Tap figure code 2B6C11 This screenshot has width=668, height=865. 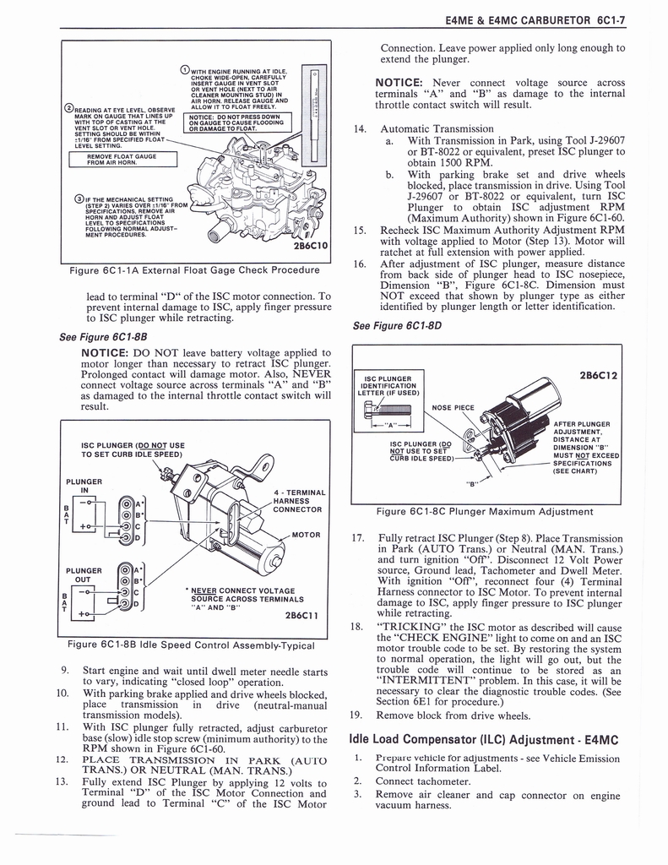[297, 616]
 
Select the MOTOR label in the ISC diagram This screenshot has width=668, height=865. [306, 534]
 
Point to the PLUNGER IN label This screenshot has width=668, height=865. [84, 487]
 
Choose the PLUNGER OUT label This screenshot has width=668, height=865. [84, 575]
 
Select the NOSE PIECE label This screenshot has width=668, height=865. [453, 407]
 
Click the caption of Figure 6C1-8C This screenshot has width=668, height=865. [496, 511]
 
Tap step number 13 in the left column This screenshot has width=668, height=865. [62, 781]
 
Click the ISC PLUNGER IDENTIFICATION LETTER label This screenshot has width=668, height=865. [387, 385]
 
